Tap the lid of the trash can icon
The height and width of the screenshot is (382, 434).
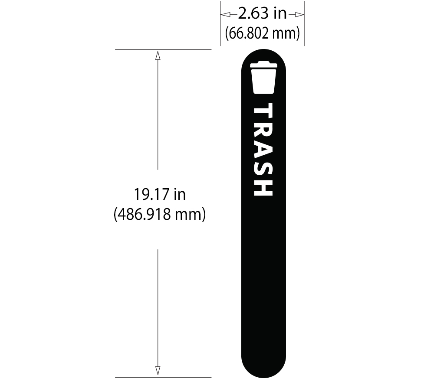point(263,65)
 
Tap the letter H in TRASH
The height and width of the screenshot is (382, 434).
point(263,187)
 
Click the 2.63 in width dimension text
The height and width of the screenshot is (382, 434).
point(262,14)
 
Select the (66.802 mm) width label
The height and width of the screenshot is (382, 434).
point(262,33)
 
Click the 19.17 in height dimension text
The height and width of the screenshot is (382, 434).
point(159,195)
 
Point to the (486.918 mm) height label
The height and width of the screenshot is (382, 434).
point(159,214)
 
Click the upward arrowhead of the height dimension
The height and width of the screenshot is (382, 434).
point(158,55)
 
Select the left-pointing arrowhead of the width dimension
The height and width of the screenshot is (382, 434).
point(225,15)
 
